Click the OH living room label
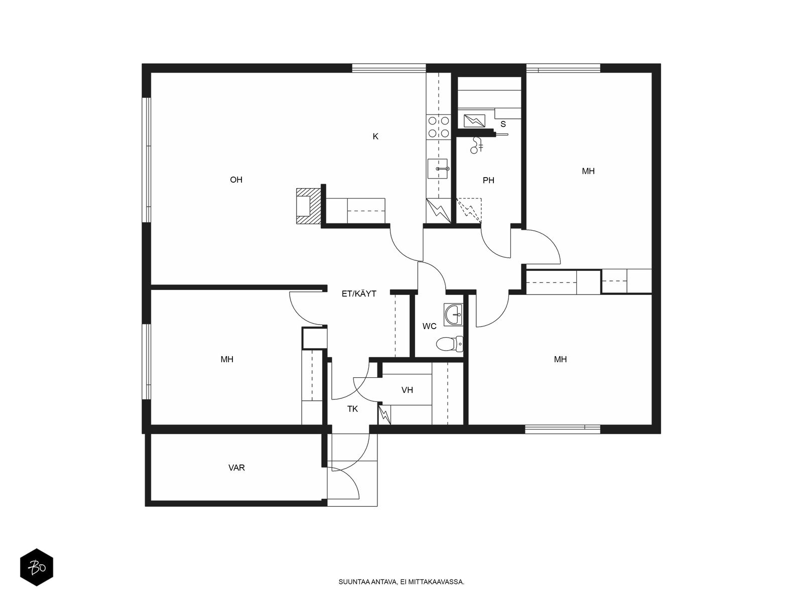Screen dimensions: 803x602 click(x=236, y=180)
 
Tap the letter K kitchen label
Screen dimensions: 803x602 click(x=375, y=136)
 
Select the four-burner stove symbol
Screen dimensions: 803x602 click(x=439, y=126)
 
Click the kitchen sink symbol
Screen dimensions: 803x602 click(x=438, y=169)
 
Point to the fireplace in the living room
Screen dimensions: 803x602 click(x=308, y=206)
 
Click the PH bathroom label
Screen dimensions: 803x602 click(x=488, y=180)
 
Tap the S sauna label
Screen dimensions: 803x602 click(x=503, y=124)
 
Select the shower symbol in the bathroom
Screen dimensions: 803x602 click(x=477, y=145)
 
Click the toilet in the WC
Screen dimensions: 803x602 click(x=450, y=344)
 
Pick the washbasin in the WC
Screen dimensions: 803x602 click(x=453, y=314)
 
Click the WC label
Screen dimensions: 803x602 click(x=430, y=326)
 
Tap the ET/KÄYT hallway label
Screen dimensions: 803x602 click(x=359, y=293)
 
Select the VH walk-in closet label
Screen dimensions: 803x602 click(x=407, y=390)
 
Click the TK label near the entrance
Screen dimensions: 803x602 click(x=353, y=409)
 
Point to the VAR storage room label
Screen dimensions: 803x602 click(x=236, y=468)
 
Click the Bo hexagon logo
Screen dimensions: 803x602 click(x=37, y=567)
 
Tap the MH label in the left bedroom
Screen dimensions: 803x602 click(x=227, y=359)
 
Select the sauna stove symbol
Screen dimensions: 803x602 click(x=474, y=120)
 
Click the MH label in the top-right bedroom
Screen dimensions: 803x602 click(x=588, y=171)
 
